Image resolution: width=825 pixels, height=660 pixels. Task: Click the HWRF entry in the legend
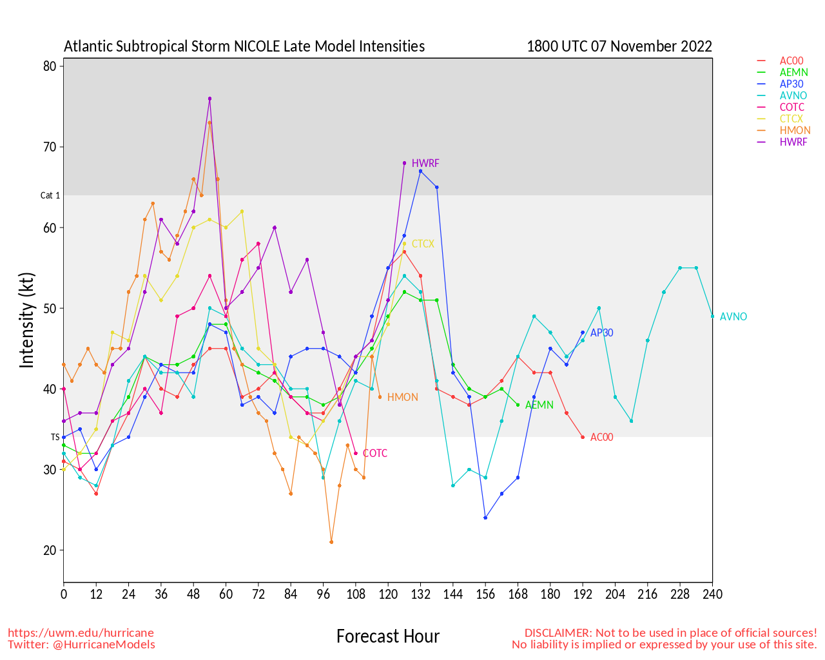[793, 142]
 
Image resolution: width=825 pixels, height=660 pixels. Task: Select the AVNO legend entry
[793, 95]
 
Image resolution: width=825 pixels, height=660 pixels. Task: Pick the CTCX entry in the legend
[791, 119]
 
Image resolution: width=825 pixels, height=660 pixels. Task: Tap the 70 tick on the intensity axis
[50, 147]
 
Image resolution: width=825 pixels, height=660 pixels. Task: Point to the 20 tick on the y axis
[50, 550]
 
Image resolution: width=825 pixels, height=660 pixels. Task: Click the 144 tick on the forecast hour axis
[453, 594]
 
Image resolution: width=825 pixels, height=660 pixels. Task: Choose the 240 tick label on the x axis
[712, 594]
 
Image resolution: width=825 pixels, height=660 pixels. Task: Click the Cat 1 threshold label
[50, 195]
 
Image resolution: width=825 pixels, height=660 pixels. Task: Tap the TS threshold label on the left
[55, 437]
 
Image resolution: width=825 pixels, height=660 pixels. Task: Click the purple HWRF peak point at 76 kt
[209, 99]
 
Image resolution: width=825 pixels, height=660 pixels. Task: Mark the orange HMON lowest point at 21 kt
[331, 542]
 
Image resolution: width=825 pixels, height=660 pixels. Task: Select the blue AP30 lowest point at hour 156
[485, 518]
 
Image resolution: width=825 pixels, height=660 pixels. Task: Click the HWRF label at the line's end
[425, 164]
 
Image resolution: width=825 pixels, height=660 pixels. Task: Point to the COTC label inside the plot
[375, 454]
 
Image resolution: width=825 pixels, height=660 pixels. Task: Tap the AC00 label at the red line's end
[601, 438]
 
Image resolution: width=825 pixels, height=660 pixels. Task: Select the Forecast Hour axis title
[387, 637]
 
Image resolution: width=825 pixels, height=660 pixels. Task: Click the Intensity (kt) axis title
[26, 320]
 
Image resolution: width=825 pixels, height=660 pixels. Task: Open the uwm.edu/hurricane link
[81, 633]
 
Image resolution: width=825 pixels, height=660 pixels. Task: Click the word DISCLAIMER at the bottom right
[558, 633]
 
